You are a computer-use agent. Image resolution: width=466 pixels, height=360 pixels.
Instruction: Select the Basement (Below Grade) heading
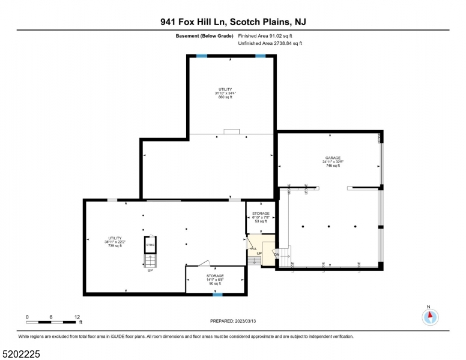(x=199, y=36)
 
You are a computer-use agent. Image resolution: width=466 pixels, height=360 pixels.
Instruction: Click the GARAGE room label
(x=333, y=158)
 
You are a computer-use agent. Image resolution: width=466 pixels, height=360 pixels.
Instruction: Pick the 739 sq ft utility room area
(x=115, y=246)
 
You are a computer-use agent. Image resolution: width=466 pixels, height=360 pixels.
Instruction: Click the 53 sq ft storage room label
(x=261, y=221)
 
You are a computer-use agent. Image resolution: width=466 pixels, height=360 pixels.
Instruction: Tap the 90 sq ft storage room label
(x=215, y=283)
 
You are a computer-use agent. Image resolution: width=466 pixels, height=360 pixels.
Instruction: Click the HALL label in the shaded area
(x=253, y=248)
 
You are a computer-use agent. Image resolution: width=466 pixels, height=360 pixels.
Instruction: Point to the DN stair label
(x=277, y=254)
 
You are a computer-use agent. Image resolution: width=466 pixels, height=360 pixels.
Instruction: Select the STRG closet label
(x=150, y=245)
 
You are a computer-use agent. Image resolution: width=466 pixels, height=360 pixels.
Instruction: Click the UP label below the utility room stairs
(x=150, y=270)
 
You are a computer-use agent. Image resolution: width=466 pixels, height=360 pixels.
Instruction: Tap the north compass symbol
(x=429, y=316)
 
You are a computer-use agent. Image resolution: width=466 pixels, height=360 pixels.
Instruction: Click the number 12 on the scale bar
(x=77, y=316)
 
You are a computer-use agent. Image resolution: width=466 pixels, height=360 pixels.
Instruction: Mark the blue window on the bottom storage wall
(x=217, y=295)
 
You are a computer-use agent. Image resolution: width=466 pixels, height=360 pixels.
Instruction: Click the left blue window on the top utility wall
(x=202, y=56)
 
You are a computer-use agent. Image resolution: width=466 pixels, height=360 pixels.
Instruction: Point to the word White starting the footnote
(x=25, y=336)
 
